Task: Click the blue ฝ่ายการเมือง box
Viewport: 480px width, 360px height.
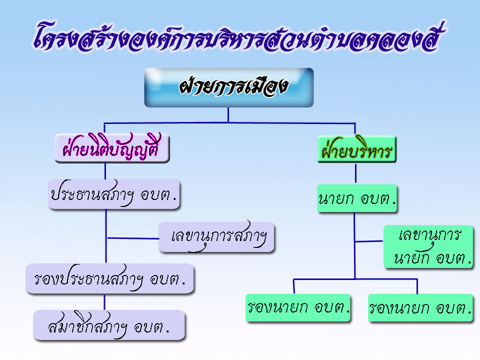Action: point(229,87)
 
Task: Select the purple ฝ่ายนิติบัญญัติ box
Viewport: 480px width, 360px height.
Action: point(112,148)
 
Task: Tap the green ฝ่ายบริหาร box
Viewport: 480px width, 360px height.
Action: point(357,149)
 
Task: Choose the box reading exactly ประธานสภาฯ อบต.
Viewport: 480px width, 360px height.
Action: point(114,194)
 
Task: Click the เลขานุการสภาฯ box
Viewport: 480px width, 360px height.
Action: point(216,237)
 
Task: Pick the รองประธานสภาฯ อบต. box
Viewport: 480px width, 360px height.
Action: point(110,278)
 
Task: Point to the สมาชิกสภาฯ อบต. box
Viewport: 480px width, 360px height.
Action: point(109,325)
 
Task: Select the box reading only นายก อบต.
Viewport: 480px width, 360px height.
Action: point(357,198)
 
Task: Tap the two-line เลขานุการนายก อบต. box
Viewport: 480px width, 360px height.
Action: point(428,246)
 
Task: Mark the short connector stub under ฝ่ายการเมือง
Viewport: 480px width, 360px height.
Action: point(228,115)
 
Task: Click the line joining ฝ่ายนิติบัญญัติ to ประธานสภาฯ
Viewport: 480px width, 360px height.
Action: point(105,171)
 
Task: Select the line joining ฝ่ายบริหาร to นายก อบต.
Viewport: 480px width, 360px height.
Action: point(355,173)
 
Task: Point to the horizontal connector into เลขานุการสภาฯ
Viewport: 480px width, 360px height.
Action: point(132,238)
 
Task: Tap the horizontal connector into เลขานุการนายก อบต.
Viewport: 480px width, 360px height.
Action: point(369,241)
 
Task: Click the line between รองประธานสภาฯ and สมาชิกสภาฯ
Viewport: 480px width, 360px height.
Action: point(104,302)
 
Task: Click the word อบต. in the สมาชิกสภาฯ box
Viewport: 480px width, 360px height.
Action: point(151,327)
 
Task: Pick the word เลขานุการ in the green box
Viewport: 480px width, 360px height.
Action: point(429,235)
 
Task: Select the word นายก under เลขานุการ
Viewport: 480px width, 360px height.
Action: point(411,258)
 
